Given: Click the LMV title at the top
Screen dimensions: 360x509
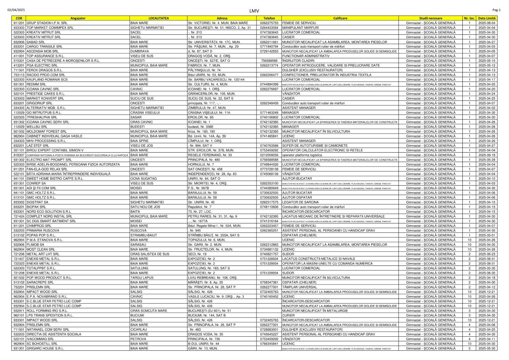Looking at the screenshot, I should (254, 10).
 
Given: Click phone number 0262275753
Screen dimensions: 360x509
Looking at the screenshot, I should (269, 22).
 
